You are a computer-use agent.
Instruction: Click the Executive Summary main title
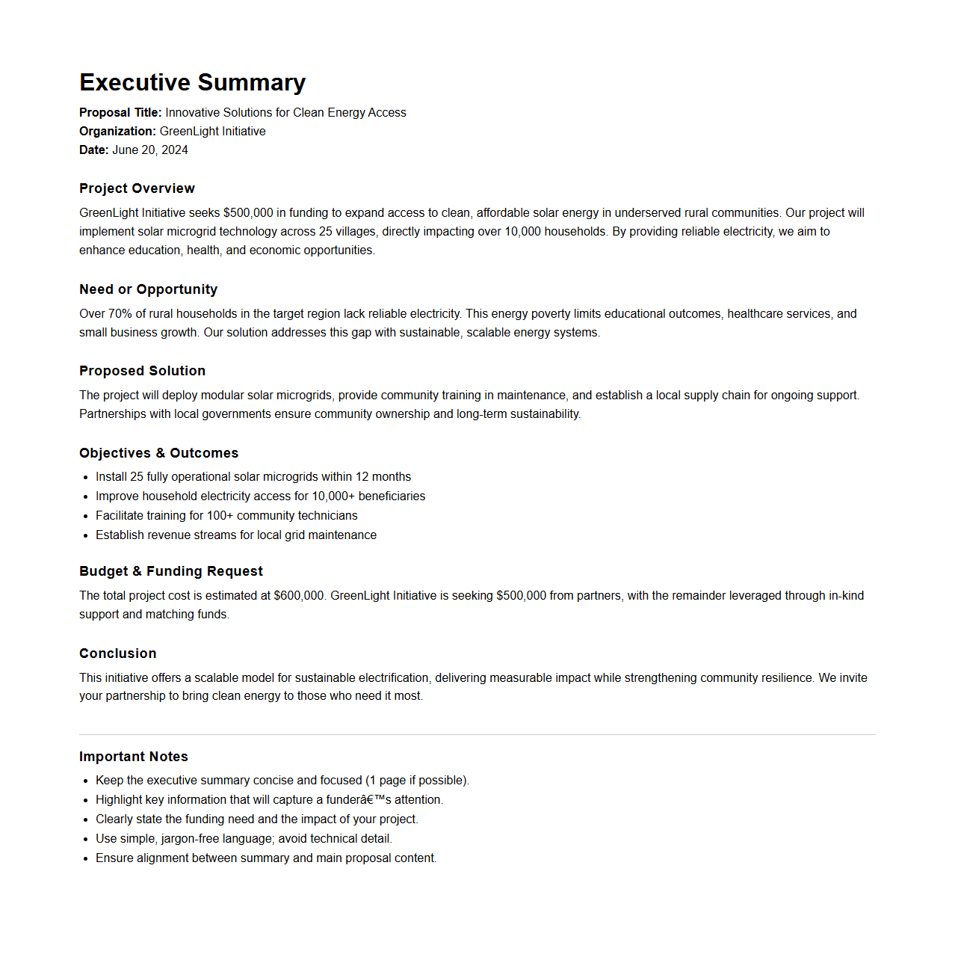point(192,82)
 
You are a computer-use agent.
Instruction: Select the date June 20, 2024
point(149,150)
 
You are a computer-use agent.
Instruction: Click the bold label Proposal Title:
point(120,112)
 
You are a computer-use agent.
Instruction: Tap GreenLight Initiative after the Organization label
point(212,131)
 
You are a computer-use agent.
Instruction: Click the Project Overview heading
point(137,188)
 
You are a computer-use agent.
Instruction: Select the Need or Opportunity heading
point(148,289)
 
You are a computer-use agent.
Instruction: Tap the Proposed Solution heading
point(142,371)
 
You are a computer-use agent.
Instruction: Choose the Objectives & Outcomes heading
point(158,453)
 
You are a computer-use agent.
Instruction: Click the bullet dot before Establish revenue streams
point(86,535)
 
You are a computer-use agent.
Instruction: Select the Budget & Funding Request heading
point(170,571)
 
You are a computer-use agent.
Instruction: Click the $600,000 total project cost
point(299,596)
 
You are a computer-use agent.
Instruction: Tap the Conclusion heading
point(117,653)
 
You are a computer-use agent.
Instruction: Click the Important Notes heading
point(133,757)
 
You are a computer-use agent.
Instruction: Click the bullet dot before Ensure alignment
point(86,858)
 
